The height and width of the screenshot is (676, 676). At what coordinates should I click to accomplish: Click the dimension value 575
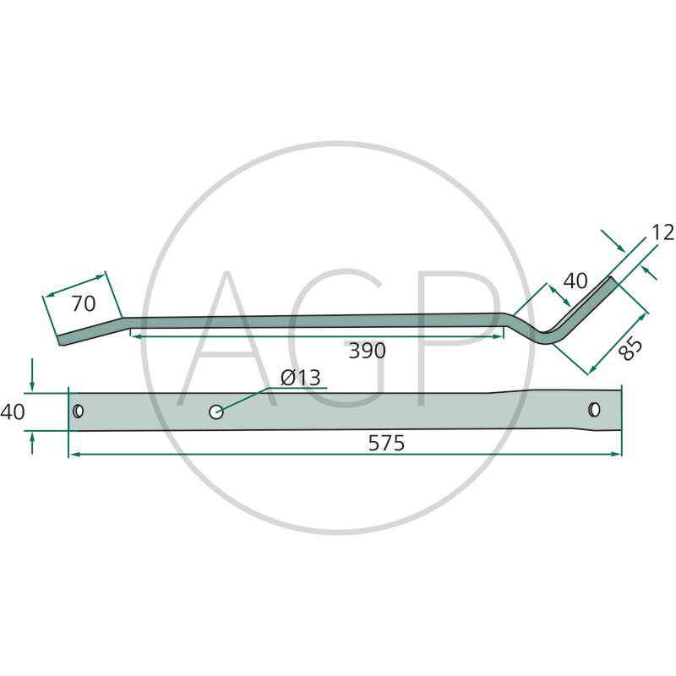click(x=386, y=443)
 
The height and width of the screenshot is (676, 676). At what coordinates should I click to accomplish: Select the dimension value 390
click(x=367, y=351)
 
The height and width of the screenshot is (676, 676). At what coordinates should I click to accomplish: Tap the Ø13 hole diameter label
click(x=301, y=378)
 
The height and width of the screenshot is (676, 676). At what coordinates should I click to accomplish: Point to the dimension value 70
click(x=83, y=304)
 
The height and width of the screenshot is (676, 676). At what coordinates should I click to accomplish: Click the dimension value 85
click(x=630, y=349)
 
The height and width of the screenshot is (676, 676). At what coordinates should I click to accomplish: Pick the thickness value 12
click(x=663, y=233)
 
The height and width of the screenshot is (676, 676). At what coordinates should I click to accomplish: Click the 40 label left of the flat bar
click(x=13, y=412)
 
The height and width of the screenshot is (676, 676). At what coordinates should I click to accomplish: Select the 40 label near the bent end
click(x=575, y=281)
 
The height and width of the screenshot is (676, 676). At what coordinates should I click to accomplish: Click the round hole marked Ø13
click(x=216, y=412)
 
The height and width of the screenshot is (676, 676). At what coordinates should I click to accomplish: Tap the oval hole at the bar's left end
click(x=78, y=412)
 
